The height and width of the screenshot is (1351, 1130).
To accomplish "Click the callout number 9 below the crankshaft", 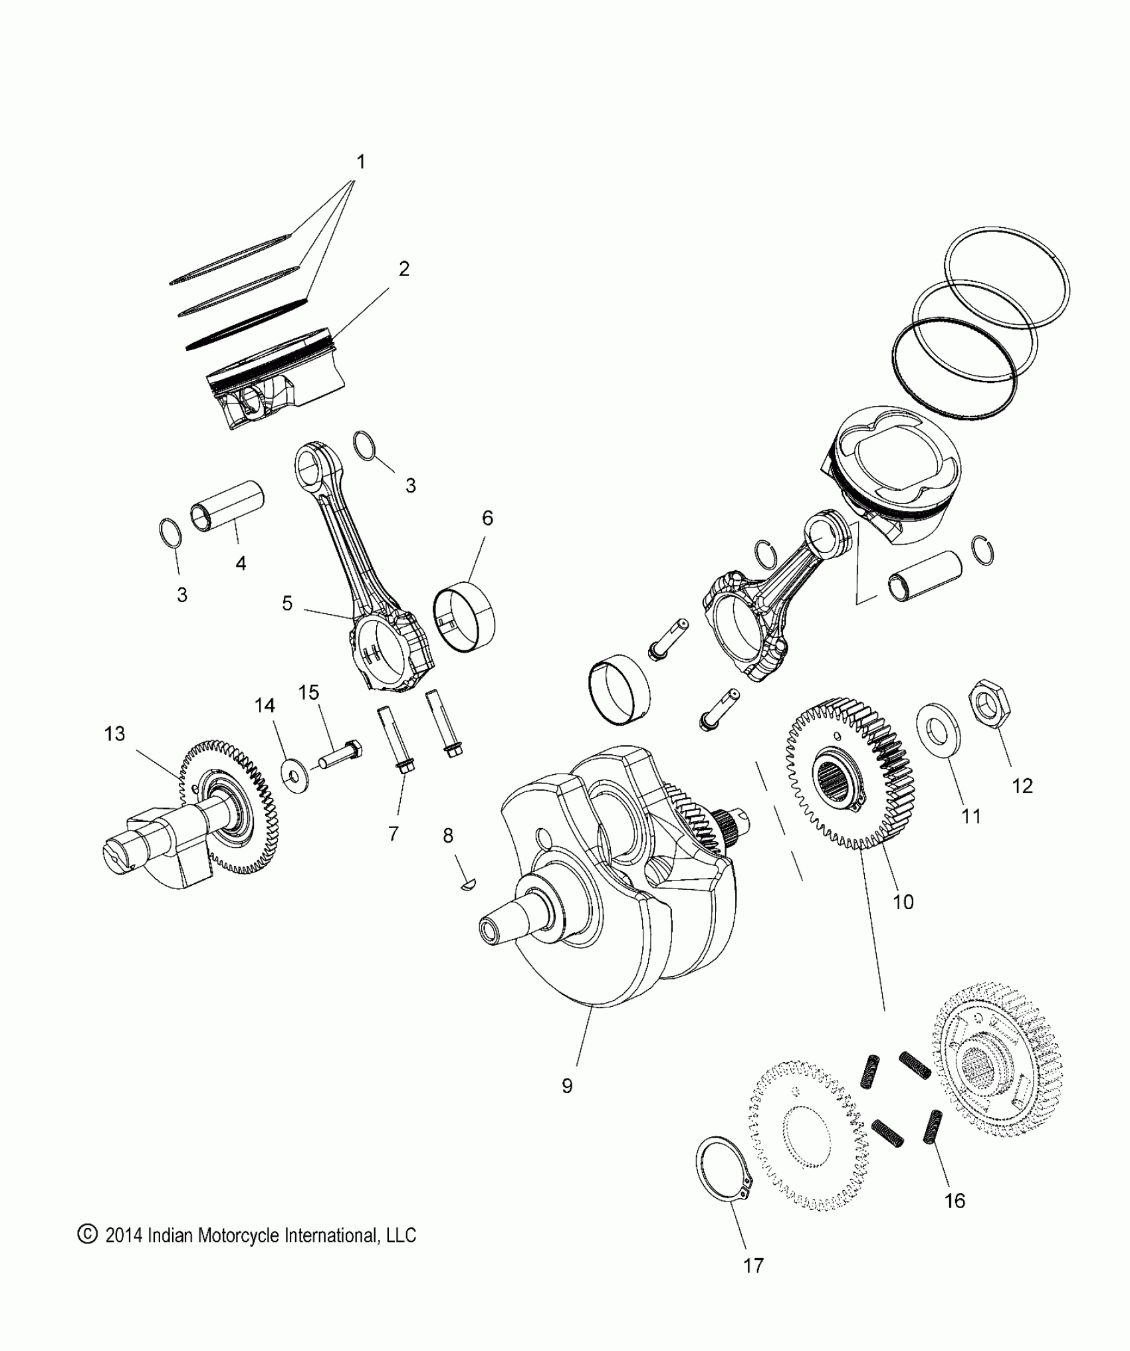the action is pyautogui.click(x=567, y=1086).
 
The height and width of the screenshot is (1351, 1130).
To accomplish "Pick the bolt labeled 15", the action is pyautogui.click(x=339, y=757).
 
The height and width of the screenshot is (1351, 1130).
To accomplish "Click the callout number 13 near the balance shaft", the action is pyautogui.click(x=114, y=734).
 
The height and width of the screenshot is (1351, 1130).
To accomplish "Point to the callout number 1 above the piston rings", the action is pyautogui.click(x=361, y=161).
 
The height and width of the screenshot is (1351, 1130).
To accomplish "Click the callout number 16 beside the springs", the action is pyautogui.click(x=955, y=1201).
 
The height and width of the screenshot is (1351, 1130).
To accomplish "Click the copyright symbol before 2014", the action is pyautogui.click(x=87, y=1235).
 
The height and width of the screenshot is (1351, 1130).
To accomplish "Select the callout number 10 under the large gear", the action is pyautogui.click(x=903, y=902).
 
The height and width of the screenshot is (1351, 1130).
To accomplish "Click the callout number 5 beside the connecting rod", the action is pyautogui.click(x=287, y=603).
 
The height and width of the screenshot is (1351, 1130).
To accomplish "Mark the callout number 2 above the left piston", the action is pyautogui.click(x=403, y=269).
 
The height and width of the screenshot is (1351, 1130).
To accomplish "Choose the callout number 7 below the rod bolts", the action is pyautogui.click(x=394, y=833).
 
